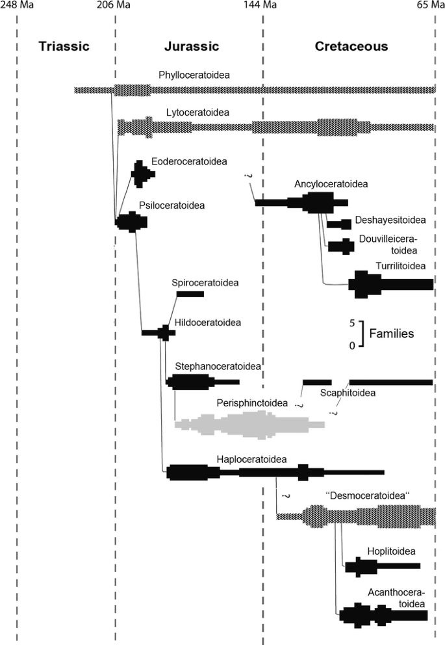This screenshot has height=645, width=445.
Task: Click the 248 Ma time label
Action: pos(18,6)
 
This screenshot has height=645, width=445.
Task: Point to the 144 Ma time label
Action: pos(262,6)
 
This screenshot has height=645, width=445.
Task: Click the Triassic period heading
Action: pos(63,46)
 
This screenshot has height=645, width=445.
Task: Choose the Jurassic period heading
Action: pos(191,46)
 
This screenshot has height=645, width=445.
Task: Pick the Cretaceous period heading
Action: pos(351,46)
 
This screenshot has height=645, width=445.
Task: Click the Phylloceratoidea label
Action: pos(194,75)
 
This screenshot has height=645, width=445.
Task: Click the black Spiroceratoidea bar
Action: pos(190,294)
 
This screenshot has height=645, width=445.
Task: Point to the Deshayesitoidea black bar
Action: pos(339,224)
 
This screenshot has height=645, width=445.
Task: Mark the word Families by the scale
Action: pos(391,334)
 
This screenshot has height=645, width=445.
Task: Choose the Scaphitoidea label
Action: pos(348,393)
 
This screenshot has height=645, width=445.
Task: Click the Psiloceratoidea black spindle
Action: pos(132,222)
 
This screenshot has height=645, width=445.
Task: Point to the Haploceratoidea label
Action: pos(252,458)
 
